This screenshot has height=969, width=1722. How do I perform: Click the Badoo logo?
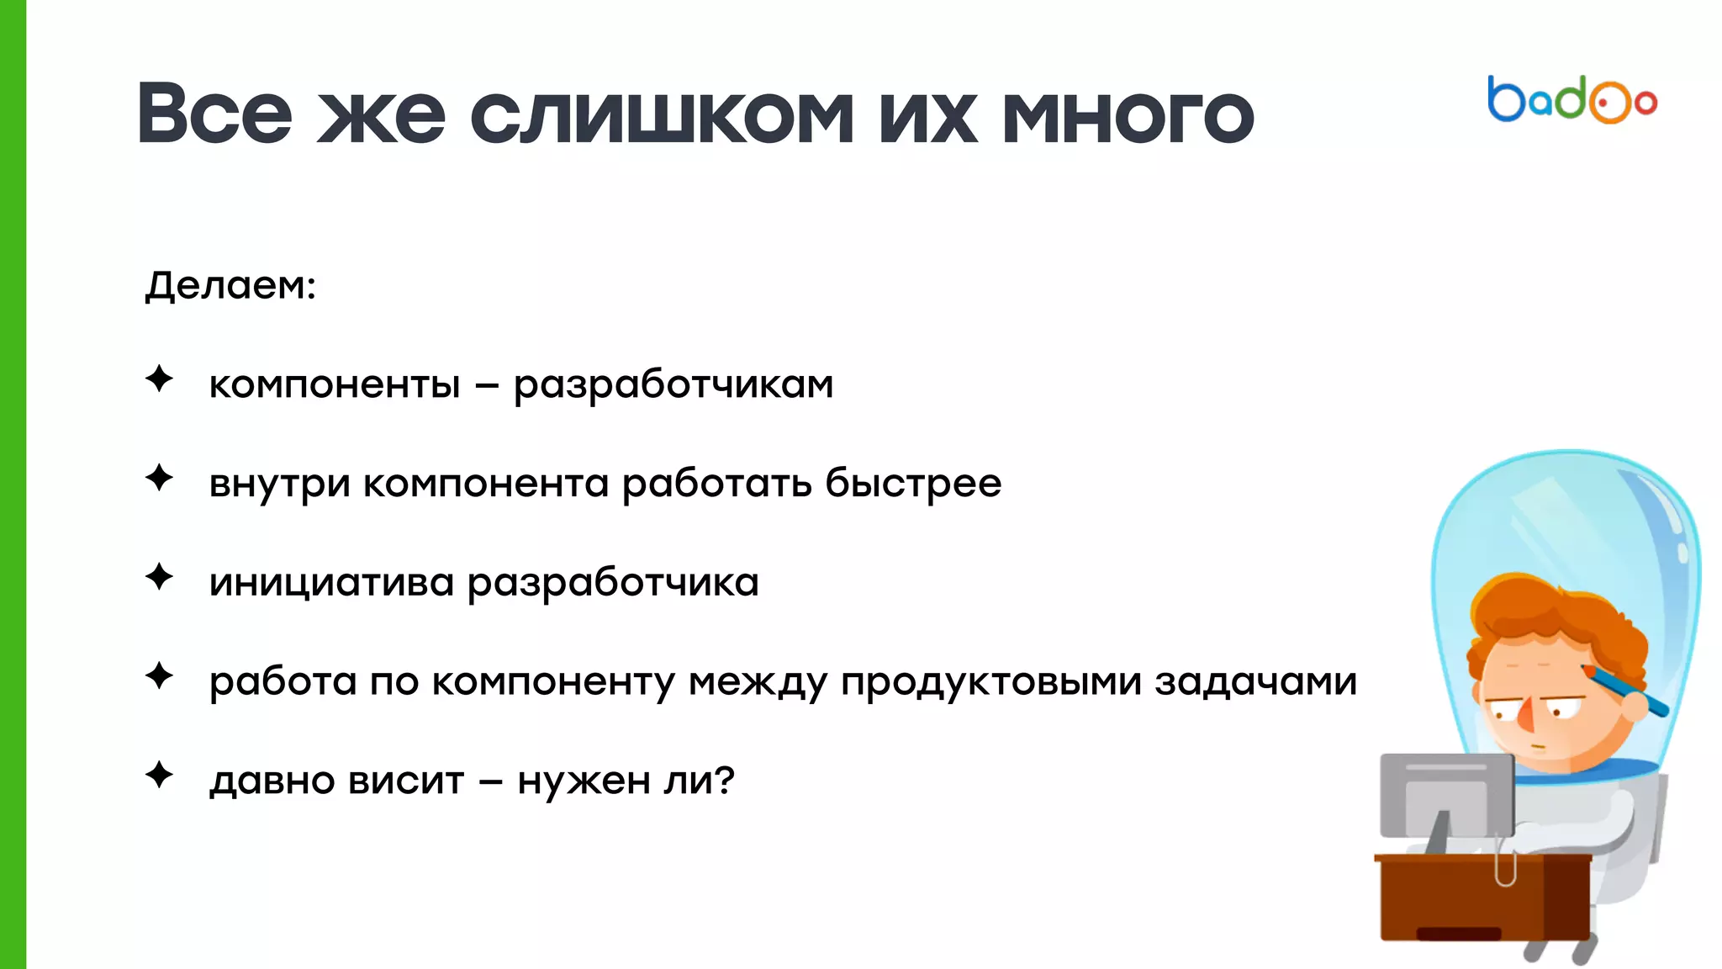1571,101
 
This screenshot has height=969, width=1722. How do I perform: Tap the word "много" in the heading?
1128,116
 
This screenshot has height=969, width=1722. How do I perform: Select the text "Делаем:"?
230,285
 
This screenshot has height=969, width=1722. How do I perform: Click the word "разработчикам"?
673,386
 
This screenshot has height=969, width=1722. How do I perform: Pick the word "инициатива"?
331,583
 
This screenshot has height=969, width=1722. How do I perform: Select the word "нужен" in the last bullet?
584,781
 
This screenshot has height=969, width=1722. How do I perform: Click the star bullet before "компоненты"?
159,379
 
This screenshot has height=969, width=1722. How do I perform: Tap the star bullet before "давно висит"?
159,775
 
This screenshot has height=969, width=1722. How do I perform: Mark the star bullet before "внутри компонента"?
159,479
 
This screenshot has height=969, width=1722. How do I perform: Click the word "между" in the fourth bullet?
758,682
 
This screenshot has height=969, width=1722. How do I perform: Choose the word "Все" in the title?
214,114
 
